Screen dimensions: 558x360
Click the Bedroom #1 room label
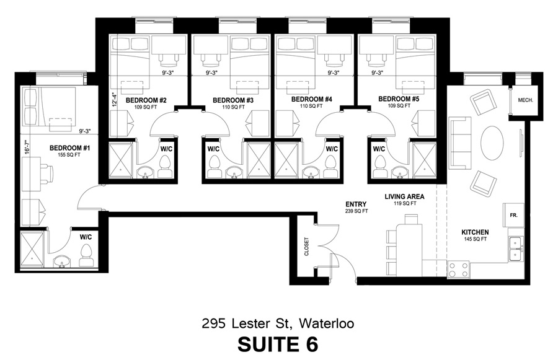pos(69,147)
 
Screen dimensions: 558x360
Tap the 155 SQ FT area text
pos(69,155)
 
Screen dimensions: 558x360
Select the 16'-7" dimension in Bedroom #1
pos(27,146)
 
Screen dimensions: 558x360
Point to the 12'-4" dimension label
pos(114,100)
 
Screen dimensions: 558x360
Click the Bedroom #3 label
pos(233,100)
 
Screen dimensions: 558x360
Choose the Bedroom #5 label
pos(399,99)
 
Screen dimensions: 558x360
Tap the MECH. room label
pos(525,100)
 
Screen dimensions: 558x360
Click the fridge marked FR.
pos(513,215)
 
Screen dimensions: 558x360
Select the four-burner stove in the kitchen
pos(458,270)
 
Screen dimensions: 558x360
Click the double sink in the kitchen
pos(516,248)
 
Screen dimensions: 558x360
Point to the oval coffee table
pos(492,143)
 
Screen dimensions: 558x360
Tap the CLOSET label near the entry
pos(306,247)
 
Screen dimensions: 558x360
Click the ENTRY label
pos(356,204)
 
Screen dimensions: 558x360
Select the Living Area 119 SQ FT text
pos(404,200)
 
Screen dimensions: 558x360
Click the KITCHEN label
pos(475,232)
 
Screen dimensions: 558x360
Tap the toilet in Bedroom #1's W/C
pos(86,255)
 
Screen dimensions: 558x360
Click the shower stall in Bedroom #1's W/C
pos(32,249)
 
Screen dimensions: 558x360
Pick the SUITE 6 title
pos(278,344)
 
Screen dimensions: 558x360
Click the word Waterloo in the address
pos(326,323)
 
